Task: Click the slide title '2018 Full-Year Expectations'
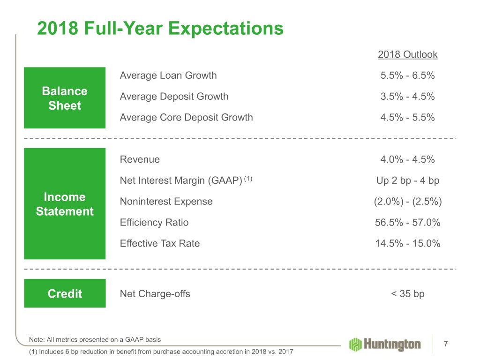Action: coord(160,30)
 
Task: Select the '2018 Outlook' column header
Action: coord(407,55)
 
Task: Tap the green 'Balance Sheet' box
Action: coord(65,98)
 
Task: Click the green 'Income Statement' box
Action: coord(65,204)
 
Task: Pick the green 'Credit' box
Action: coord(65,293)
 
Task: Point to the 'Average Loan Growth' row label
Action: coord(168,75)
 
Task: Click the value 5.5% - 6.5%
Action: coord(407,75)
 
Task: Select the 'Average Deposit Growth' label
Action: coord(174,97)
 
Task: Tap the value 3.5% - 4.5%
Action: coord(407,97)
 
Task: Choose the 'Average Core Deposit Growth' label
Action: coord(186,118)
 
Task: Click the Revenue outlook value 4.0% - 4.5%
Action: coord(407,159)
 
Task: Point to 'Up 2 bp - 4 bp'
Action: coord(407,180)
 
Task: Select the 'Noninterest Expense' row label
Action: coord(166,202)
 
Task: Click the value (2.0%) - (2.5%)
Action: coord(407,202)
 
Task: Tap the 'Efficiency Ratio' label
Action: coord(154,223)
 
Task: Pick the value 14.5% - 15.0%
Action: coord(407,243)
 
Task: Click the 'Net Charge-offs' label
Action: coord(155,294)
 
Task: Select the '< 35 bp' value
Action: coord(407,294)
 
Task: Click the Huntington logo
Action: coord(384,345)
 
